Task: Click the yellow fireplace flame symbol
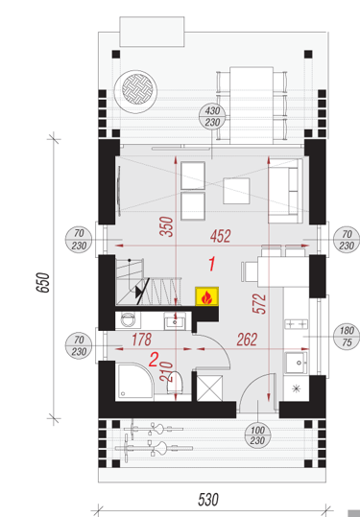(x=207, y=296)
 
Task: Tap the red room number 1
(x=212, y=264)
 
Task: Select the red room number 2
(x=154, y=360)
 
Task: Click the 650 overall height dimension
(x=43, y=282)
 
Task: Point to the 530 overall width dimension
(x=208, y=500)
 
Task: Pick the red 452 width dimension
(x=221, y=236)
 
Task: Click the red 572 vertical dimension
(x=259, y=304)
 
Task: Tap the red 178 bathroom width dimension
(x=141, y=340)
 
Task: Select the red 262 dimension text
(x=247, y=340)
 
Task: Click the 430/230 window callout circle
(x=212, y=117)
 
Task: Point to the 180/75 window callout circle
(x=347, y=337)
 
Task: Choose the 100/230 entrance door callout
(x=257, y=435)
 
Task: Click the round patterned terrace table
(x=135, y=91)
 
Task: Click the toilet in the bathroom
(x=175, y=383)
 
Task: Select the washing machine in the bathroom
(x=128, y=319)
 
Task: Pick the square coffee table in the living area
(x=236, y=191)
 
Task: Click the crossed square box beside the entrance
(x=209, y=388)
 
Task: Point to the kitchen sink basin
(x=297, y=363)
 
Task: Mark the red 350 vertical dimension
(x=166, y=226)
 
